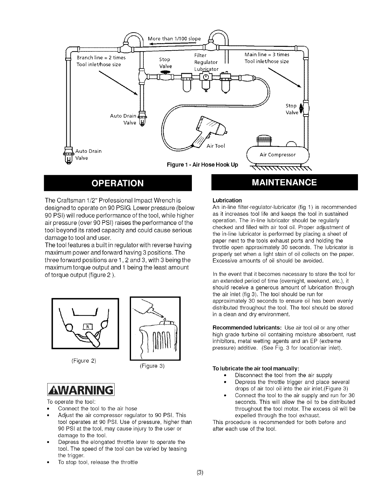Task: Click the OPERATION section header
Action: [x=118, y=183]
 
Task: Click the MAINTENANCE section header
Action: [x=284, y=182]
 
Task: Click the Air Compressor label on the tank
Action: [x=278, y=155]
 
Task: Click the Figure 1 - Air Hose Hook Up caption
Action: [x=202, y=165]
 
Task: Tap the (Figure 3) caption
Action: [x=152, y=366]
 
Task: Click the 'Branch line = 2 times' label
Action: [x=101, y=58]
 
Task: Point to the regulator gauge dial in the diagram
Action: [x=205, y=77]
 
